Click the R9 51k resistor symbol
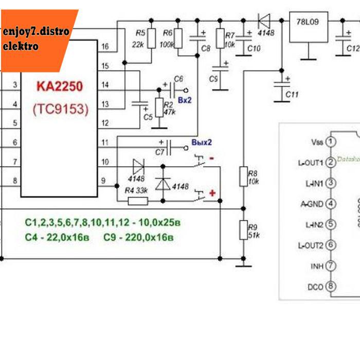[x=244, y=229]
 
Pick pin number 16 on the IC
[x=105, y=47]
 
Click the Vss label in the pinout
[x=317, y=141]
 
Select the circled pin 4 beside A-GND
[x=331, y=204]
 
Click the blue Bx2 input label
[x=185, y=101]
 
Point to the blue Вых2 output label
[x=201, y=142]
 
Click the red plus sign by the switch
[x=212, y=193]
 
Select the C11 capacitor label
[x=292, y=95]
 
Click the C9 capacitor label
[x=214, y=78]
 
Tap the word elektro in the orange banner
[x=21, y=46]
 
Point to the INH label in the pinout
[x=317, y=266]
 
